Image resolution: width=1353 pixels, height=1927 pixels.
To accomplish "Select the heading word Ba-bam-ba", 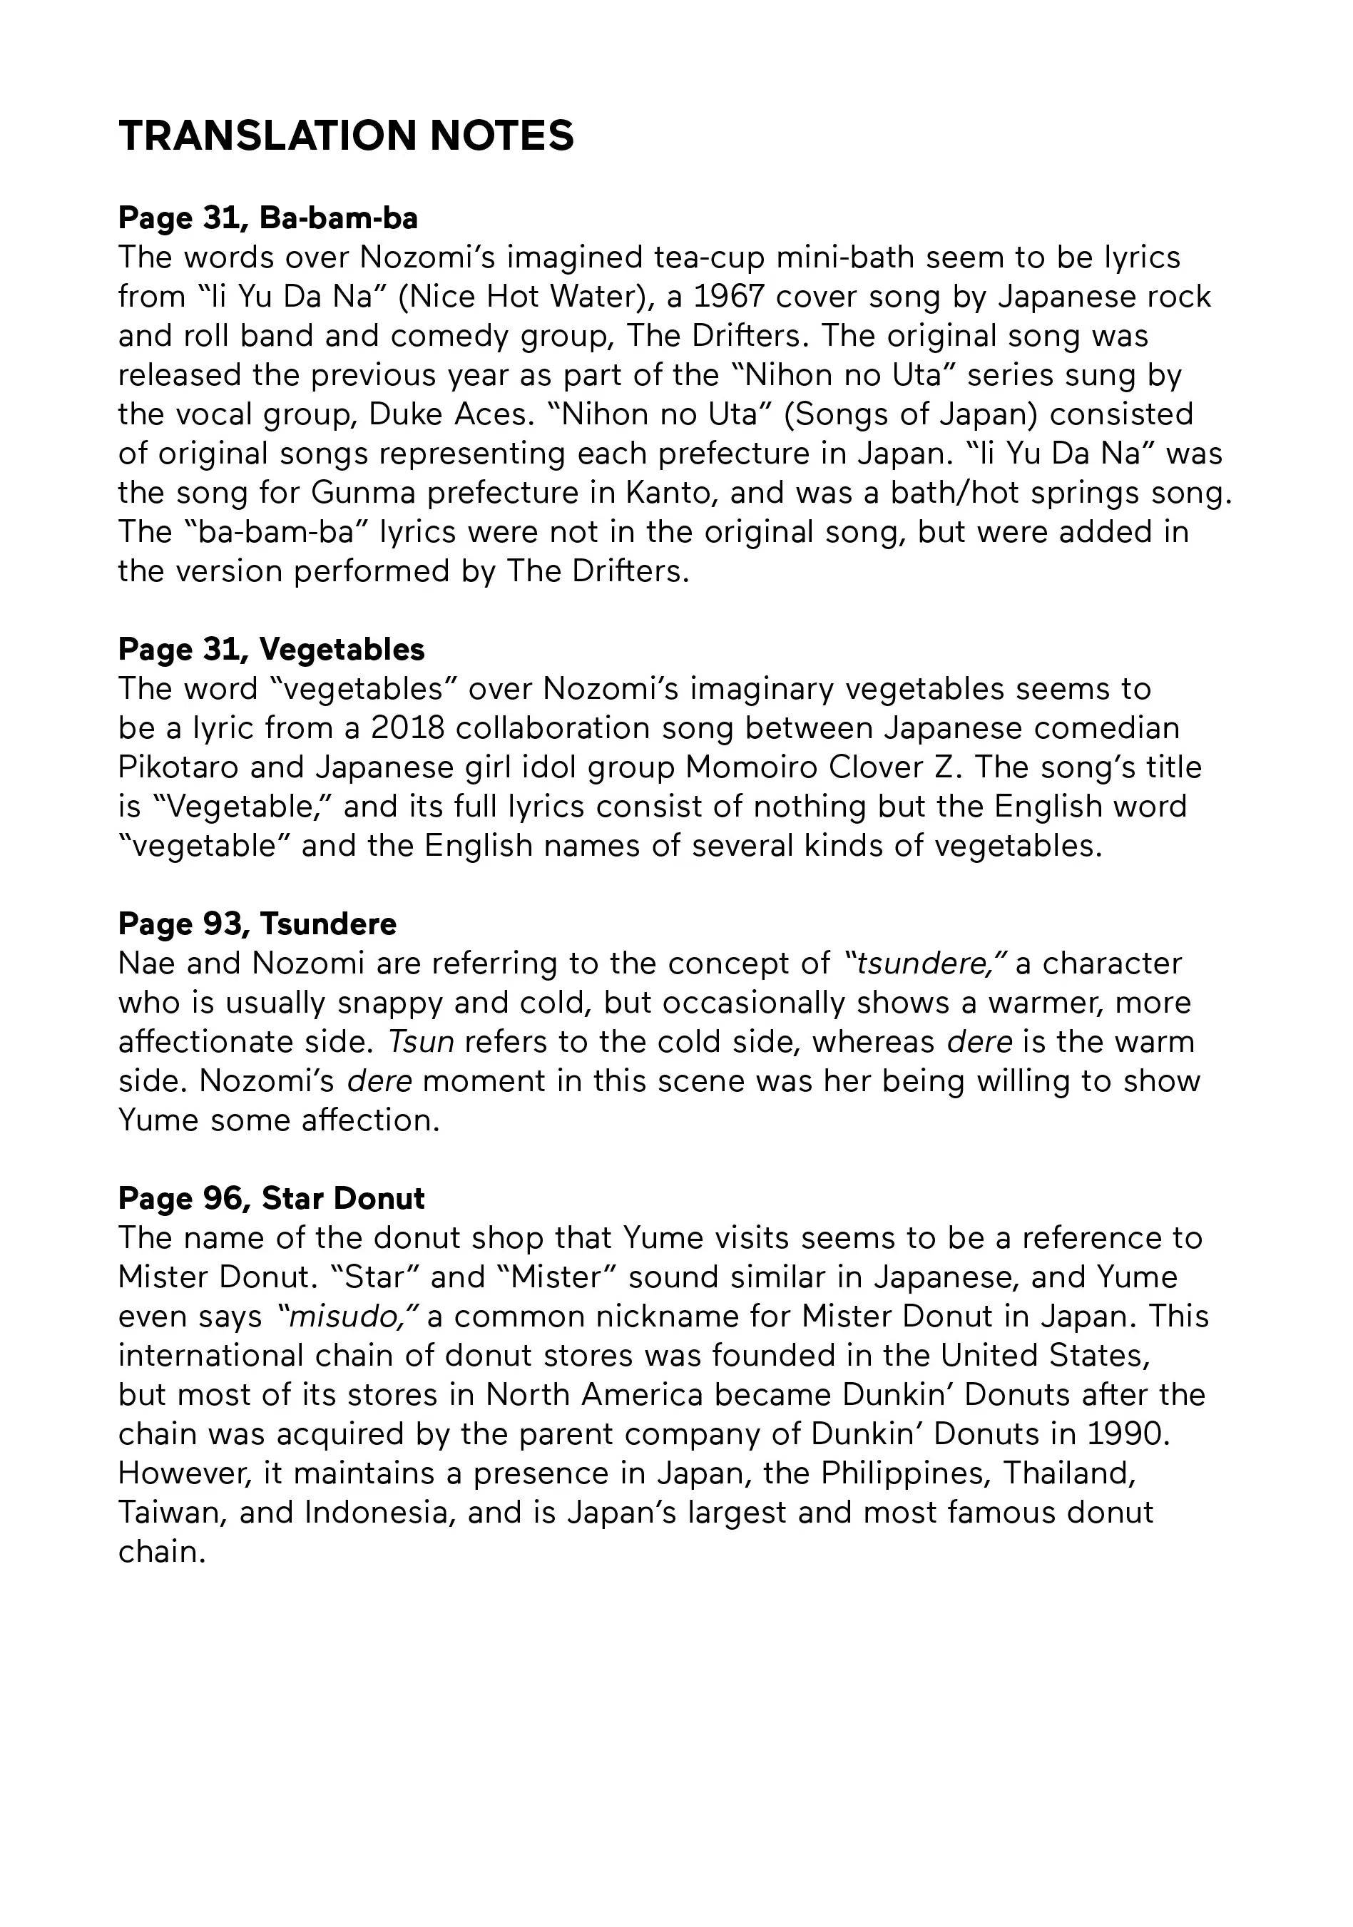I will [x=338, y=218].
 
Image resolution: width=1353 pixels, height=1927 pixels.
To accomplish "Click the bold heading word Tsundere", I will [x=328, y=924].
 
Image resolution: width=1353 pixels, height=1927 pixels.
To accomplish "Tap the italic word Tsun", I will [x=421, y=1041].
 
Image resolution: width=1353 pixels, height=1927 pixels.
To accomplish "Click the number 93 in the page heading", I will [x=222, y=924].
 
